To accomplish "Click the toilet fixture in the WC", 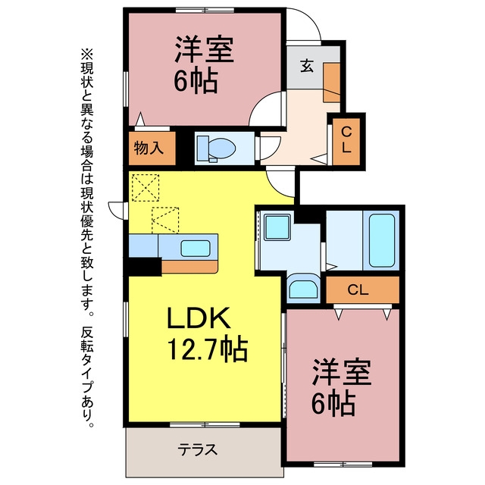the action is point(216,149).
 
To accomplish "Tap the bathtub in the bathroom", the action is point(382,241).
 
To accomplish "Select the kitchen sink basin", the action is point(196,249).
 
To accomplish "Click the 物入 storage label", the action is point(149,149).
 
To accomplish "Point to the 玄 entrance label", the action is point(307,66).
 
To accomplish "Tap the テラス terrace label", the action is point(198,449).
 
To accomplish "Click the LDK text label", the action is point(199,318).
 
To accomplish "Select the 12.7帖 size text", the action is point(208,349).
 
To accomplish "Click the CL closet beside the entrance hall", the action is point(346,142).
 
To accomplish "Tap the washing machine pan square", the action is point(277,227).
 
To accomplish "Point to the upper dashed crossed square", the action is point(145,188).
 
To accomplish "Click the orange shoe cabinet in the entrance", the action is point(332,83).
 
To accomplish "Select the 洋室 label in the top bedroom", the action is point(204,49).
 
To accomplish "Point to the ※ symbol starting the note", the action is point(87,54).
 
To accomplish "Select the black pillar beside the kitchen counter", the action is point(145,266).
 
